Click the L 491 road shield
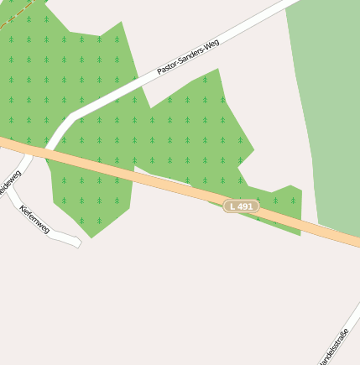click(241, 206)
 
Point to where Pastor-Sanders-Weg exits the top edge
click(285, 3)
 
